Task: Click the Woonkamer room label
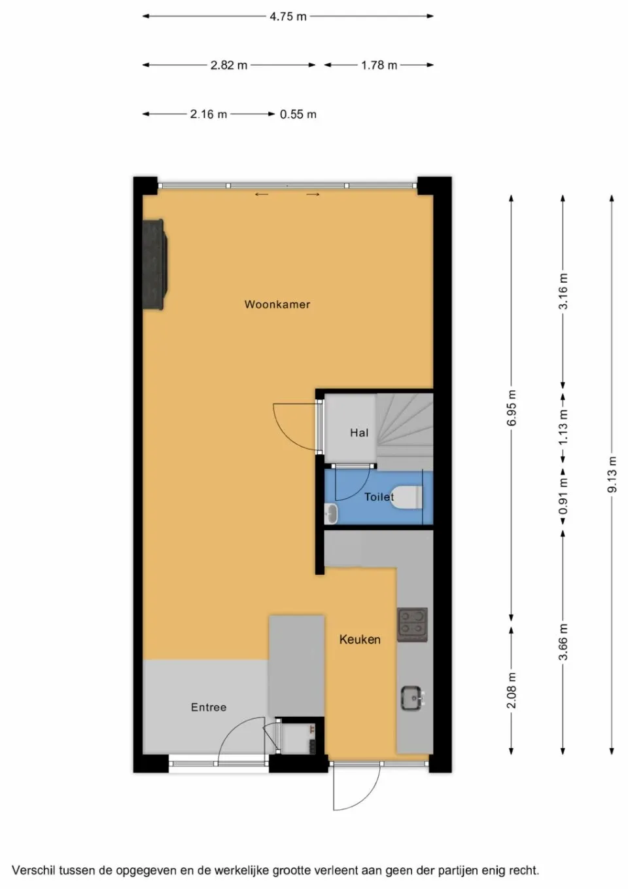(x=277, y=304)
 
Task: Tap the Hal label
(x=359, y=433)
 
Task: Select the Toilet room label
(x=379, y=497)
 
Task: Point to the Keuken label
(x=360, y=640)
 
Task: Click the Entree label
(x=209, y=707)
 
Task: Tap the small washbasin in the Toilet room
(x=332, y=513)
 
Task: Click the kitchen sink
(x=412, y=698)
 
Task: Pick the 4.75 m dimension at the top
(x=288, y=16)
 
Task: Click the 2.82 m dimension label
(x=229, y=65)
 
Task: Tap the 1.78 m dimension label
(x=379, y=65)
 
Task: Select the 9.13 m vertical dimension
(x=612, y=474)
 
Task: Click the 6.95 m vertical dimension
(x=512, y=408)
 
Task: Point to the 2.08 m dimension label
(x=512, y=690)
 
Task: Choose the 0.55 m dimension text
(x=298, y=115)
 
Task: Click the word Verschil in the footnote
(x=33, y=871)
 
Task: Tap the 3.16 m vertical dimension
(x=563, y=292)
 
